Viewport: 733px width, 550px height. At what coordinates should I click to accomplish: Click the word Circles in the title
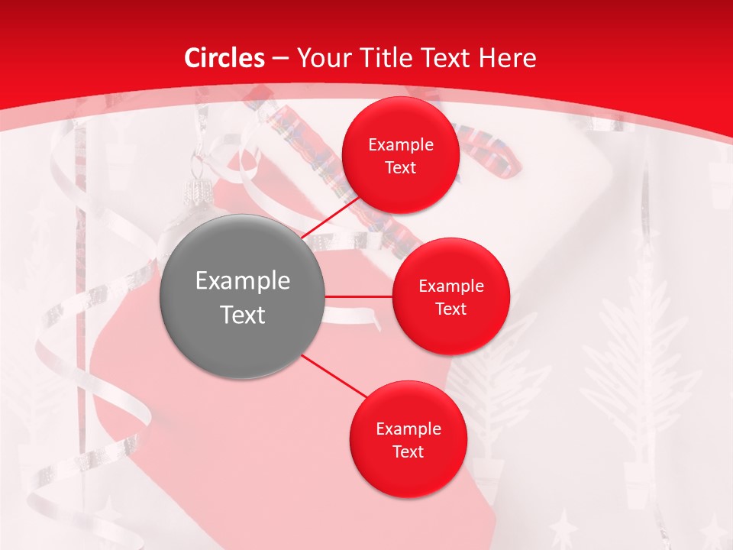(224, 58)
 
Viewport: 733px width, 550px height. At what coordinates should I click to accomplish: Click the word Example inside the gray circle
(242, 281)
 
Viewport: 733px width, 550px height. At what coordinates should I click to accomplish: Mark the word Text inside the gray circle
(242, 315)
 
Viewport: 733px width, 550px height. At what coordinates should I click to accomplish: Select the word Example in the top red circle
(400, 145)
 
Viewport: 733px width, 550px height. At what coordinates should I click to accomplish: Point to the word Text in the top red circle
(400, 168)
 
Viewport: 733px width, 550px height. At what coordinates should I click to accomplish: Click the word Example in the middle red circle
(450, 286)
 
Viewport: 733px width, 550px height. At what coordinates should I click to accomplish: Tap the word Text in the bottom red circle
(408, 452)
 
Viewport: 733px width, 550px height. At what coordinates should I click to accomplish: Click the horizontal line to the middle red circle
(357, 296)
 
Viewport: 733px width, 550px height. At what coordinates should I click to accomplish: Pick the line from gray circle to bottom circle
(333, 376)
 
